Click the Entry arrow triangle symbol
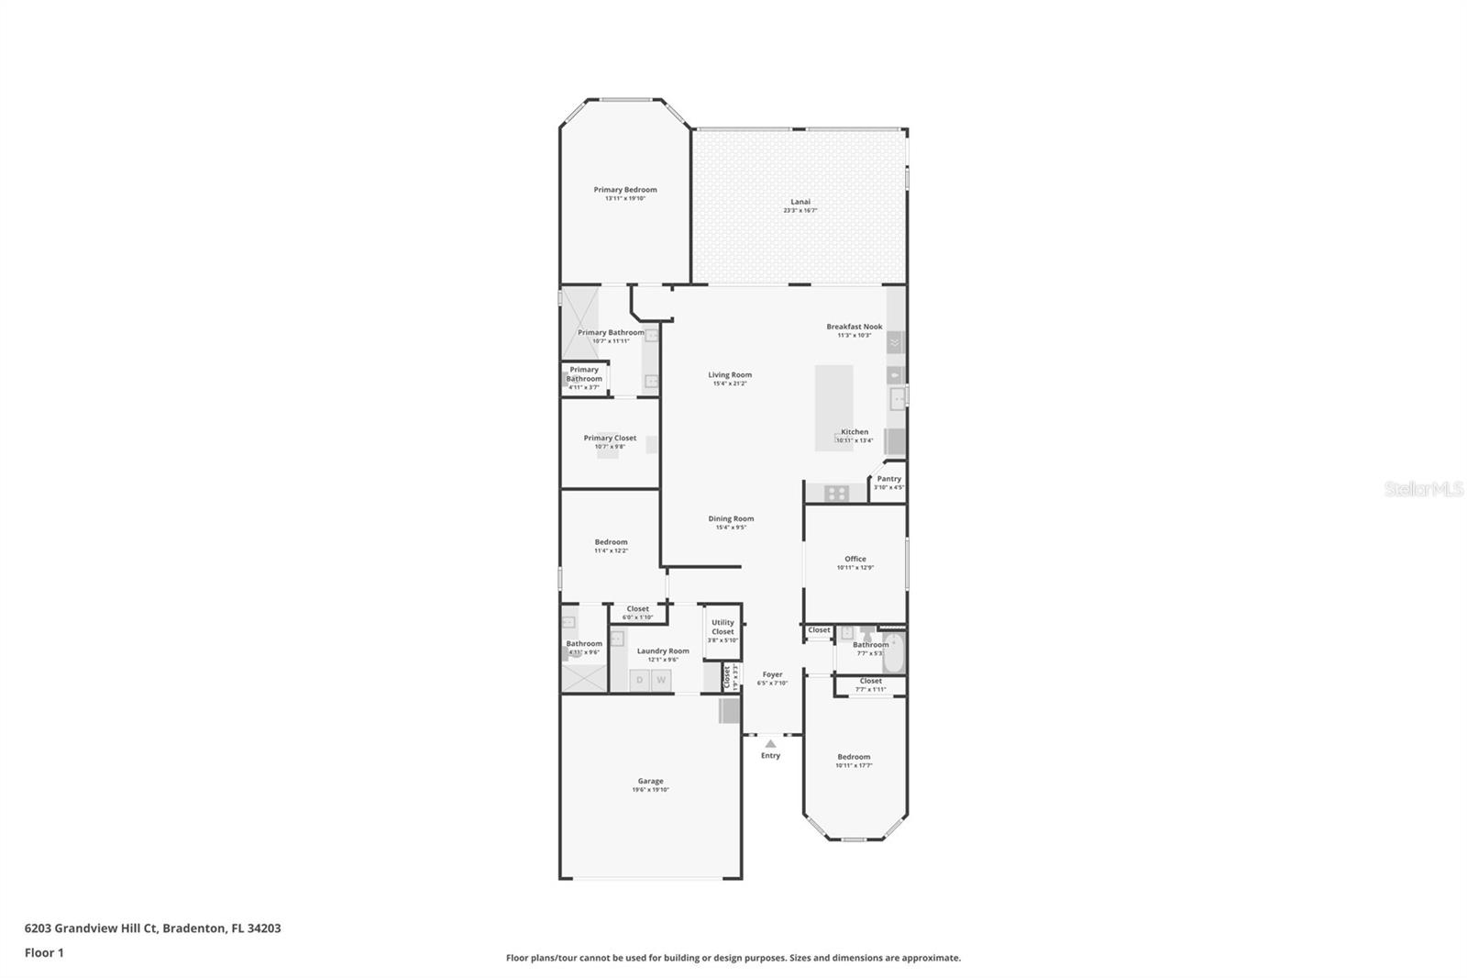pyautogui.click(x=770, y=744)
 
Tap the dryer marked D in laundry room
pyautogui.click(x=640, y=680)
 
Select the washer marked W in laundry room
pyautogui.click(x=661, y=680)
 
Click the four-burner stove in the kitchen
pyautogui.click(x=836, y=494)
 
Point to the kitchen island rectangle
pyautogui.click(x=833, y=407)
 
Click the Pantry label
pyautogui.click(x=888, y=479)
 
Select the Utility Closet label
pyautogui.click(x=722, y=627)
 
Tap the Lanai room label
pyautogui.click(x=800, y=202)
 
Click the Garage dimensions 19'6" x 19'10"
pyautogui.click(x=650, y=790)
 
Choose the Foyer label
pyautogui.click(x=772, y=674)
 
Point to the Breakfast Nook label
pyautogui.click(x=854, y=327)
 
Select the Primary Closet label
pyautogui.click(x=610, y=438)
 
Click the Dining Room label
pyautogui.click(x=731, y=518)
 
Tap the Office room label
pyautogui.click(x=855, y=559)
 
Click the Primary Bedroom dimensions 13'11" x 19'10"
pyautogui.click(x=625, y=198)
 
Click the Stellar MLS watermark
pyautogui.click(x=1423, y=490)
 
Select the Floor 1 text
pyautogui.click(x=44, y=952)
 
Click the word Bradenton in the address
pyautogui.click(x=193, y=928)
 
